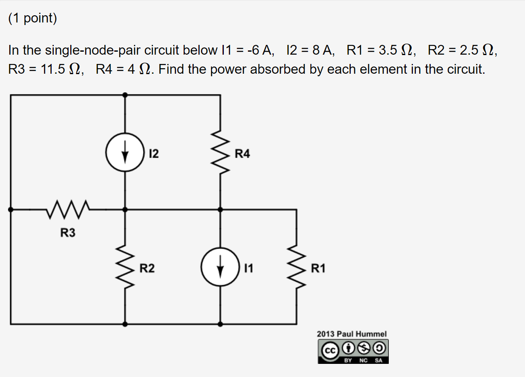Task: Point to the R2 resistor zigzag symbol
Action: [x=124, y=268]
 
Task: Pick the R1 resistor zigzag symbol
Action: [x=296, y=268]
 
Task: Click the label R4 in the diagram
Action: [x=242, y=154]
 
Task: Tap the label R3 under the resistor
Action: [x=68, y=233]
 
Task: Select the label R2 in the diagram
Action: [x=147, y=268]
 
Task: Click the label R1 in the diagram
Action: [x=318, y=268]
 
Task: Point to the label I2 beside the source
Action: [x=154, y=154]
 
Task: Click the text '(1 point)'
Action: [x=32, y=19]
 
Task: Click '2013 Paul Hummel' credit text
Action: [x=352, y=334]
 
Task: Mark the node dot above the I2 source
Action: [x=124, y=95]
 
